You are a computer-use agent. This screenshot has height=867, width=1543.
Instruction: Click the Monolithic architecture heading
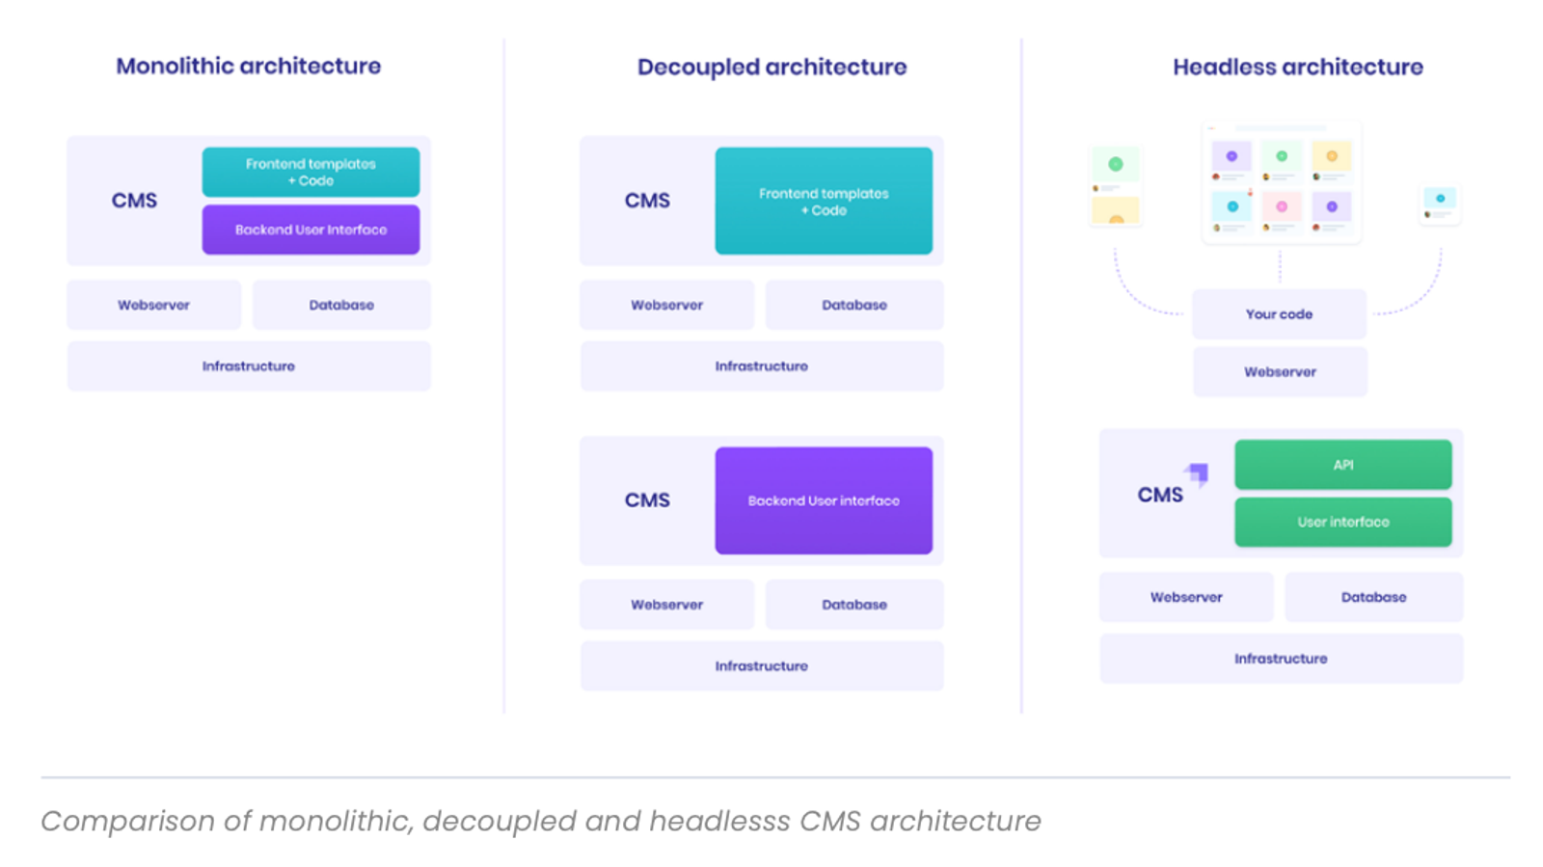[248, 66]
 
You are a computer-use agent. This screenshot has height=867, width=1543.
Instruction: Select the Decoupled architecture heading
[771, 67]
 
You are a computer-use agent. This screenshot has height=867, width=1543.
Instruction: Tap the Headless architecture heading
[1297, 67]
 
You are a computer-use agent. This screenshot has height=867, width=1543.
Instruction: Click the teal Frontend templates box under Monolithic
[311, 172]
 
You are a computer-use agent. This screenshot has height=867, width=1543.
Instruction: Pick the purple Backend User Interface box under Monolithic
[311, 230]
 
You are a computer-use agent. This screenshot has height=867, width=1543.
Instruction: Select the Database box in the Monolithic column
[341, 305]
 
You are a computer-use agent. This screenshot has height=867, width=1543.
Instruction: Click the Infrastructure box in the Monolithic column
[249, 366]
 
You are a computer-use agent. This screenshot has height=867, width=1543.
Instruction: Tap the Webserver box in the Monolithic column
[153, 305]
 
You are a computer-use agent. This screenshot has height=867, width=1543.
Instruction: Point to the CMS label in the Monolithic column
[134, 201]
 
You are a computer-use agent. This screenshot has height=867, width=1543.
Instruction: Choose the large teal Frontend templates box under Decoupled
[824, 201]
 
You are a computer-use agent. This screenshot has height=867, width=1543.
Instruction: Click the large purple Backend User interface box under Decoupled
[824, 501]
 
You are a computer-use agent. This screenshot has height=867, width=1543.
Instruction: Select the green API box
[1342, 465]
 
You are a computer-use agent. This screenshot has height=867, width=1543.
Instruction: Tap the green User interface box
[1342, 522]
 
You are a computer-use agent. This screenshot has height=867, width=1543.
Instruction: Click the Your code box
[1279, 314]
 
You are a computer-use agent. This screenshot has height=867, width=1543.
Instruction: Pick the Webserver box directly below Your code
[1280, 371]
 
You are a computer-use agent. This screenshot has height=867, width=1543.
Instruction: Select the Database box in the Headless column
[1373, 597]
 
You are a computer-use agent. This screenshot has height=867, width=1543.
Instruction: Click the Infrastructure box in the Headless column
[1281, 659]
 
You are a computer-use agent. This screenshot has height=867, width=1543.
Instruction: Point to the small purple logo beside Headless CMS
[1198, 474]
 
